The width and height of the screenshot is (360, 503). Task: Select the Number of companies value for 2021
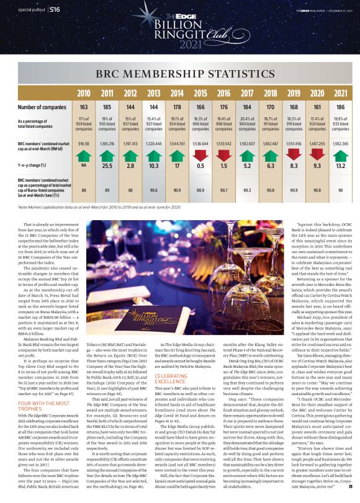tap(317, 107)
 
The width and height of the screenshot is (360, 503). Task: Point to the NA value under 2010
tap(83, 166)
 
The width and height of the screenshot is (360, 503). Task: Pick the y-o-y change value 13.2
tap(317, 166)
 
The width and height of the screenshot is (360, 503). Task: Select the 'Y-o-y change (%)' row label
tap(35, 166)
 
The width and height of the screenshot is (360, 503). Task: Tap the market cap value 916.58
tap(83, 143)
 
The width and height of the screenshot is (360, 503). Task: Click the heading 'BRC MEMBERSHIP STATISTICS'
tap(179, 74)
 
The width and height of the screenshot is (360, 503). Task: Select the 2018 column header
tap(270, 93)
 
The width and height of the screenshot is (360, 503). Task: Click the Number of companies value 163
tap(83, 107)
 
